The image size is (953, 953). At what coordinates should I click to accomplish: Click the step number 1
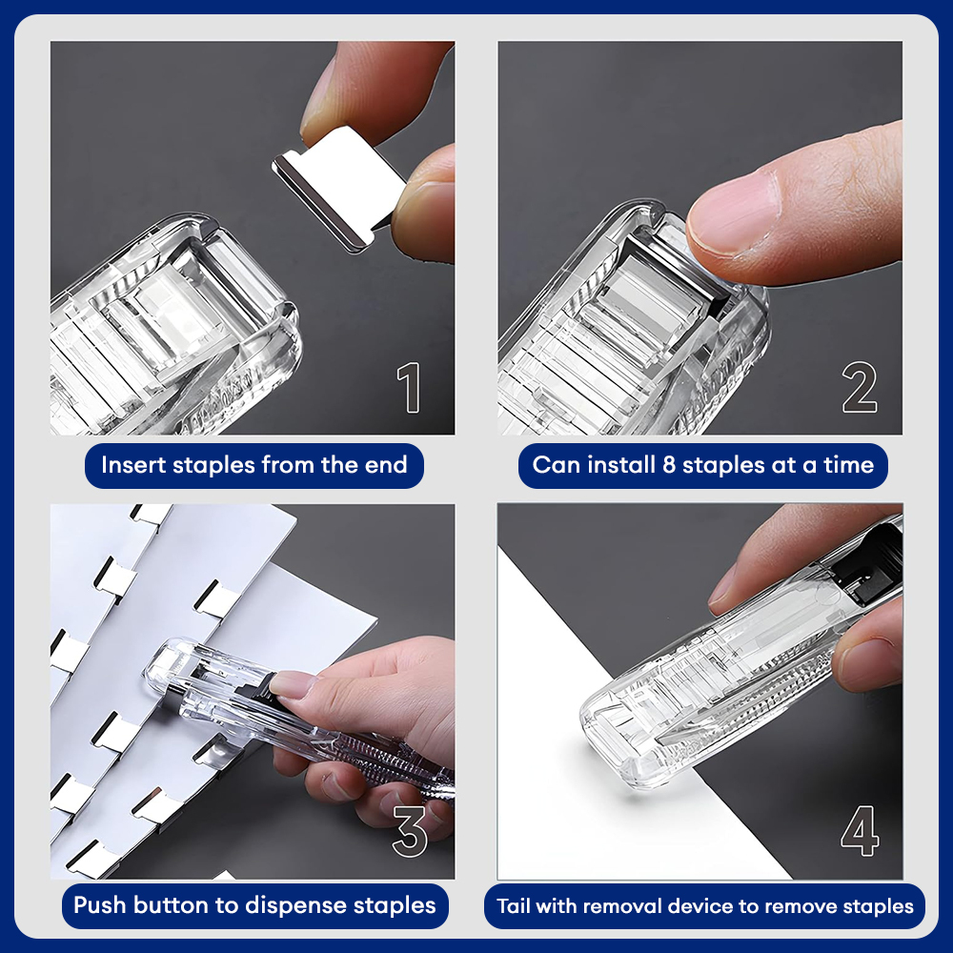[x=409, y=388]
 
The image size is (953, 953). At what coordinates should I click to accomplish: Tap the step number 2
[x=860, y=388]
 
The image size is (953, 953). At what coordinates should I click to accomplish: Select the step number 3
[x=410, y=831]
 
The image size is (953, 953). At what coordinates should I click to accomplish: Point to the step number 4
[x=860, y=831]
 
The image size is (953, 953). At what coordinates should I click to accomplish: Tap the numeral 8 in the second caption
[x=669, y=465]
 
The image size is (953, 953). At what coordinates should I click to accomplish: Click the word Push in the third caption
[x=99, y=905]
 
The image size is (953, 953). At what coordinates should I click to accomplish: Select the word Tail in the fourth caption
[x=514, y=906]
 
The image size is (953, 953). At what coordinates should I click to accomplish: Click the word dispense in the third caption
[x=295, y=906]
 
